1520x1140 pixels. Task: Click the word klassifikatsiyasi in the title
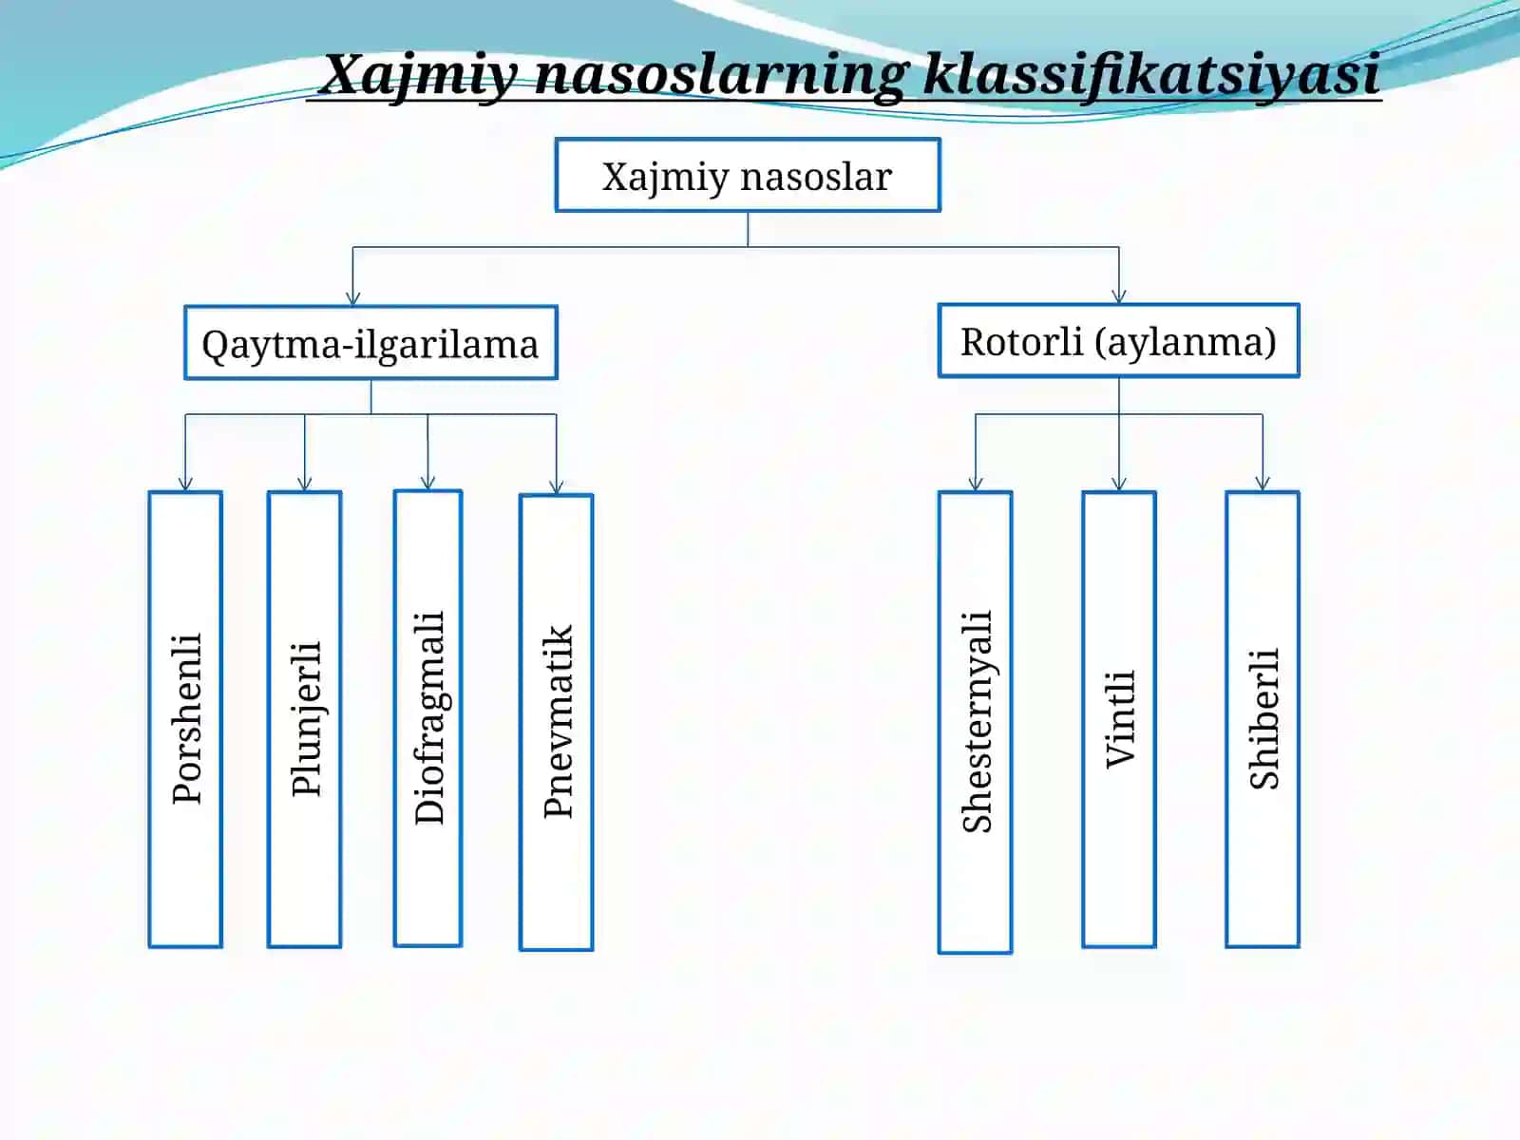coord(1150,75)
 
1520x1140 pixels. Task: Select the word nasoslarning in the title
coord(720,76)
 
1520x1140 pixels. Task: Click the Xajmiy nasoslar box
coord(748,175)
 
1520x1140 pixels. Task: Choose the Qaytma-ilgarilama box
coord(370,343)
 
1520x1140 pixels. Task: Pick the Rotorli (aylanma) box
coord(1118,340)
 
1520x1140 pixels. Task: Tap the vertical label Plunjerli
coord(306,719)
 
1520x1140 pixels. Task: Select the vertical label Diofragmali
coord(429,718)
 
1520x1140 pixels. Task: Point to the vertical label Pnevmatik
coord(558,721)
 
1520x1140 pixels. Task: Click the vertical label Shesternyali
coord(978,721)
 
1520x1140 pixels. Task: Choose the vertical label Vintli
coord(1120,719)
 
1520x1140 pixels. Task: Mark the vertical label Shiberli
coord(1263,719)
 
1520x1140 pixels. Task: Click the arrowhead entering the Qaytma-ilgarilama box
coord(353,299)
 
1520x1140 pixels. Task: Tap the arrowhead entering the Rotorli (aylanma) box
coord(1119,297)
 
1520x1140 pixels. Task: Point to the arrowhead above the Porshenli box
coord(185,484)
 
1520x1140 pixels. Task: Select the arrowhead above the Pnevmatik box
coord(557,486)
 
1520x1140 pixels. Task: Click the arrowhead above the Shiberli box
coord(1263,484)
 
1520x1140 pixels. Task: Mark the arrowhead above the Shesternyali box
coord(976,484)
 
